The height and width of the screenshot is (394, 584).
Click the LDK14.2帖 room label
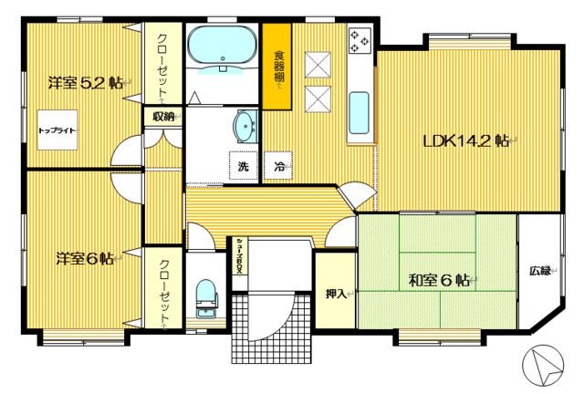coord(467,140)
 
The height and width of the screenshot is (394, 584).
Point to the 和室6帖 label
coord(437,281)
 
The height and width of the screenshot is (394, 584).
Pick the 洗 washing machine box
coord(244,166)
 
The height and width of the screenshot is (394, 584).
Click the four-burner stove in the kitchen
coord(359,41)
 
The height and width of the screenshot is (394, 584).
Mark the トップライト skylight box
coord(57,130)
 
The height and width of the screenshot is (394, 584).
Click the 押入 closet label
coord(335,294)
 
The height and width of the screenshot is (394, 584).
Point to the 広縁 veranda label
coord(539,270)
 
